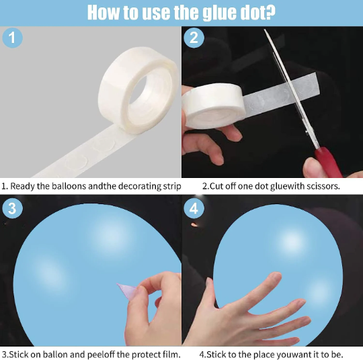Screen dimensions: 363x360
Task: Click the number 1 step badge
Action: [x=12, y=38]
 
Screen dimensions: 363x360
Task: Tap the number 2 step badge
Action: [x=194, y=38]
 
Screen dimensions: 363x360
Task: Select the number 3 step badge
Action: [x=12, y=208]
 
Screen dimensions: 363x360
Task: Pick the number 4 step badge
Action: [x=194, y=208]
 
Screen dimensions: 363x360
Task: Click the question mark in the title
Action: [x=270, y=12]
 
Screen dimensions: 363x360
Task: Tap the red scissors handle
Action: [x=328, y=162]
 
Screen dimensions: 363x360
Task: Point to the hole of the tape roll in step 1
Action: [x=138, y=90]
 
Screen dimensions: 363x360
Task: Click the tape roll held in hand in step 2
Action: [x=214, y=106]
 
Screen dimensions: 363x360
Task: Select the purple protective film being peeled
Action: [x=127, y=291]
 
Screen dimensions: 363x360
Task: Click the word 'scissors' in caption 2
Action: [x=323, y=186]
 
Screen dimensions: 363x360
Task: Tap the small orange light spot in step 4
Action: [x=194, y=224]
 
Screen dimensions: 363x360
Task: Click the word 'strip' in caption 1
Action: [x=172, y=187]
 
